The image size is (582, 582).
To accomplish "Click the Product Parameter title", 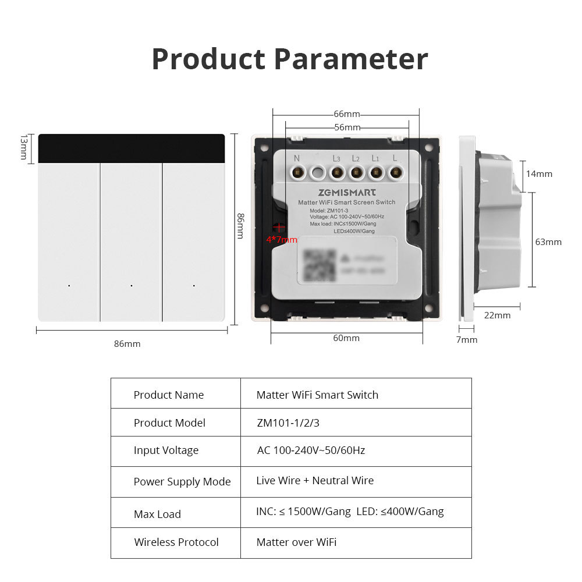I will coord(289,59).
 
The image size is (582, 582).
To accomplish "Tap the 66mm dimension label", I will coord(347,113).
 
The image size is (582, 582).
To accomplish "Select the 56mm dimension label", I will coord(347,127).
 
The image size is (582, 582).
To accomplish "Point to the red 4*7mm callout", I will coord(282,239).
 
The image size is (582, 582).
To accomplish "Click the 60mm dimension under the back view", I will coord(346,338).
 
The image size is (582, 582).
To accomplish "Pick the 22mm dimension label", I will coord(498,315).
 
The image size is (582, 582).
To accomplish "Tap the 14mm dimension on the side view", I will coord(540,173).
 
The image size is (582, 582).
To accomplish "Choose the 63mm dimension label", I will coord(548,242).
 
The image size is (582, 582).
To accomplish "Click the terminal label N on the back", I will coord(296,158).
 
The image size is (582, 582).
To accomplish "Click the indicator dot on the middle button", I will coord(132,286).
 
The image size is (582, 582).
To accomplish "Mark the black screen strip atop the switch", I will coord(132,149).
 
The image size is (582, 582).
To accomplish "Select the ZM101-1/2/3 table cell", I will coord(288,423).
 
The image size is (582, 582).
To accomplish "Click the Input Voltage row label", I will coord(166,450).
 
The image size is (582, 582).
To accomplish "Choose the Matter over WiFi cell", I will coord(296,542).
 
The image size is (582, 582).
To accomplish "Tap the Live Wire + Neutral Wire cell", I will coord(315,481).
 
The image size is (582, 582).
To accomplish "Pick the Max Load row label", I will coord(157,514).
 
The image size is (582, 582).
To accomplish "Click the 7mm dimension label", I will coord(466,339).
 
